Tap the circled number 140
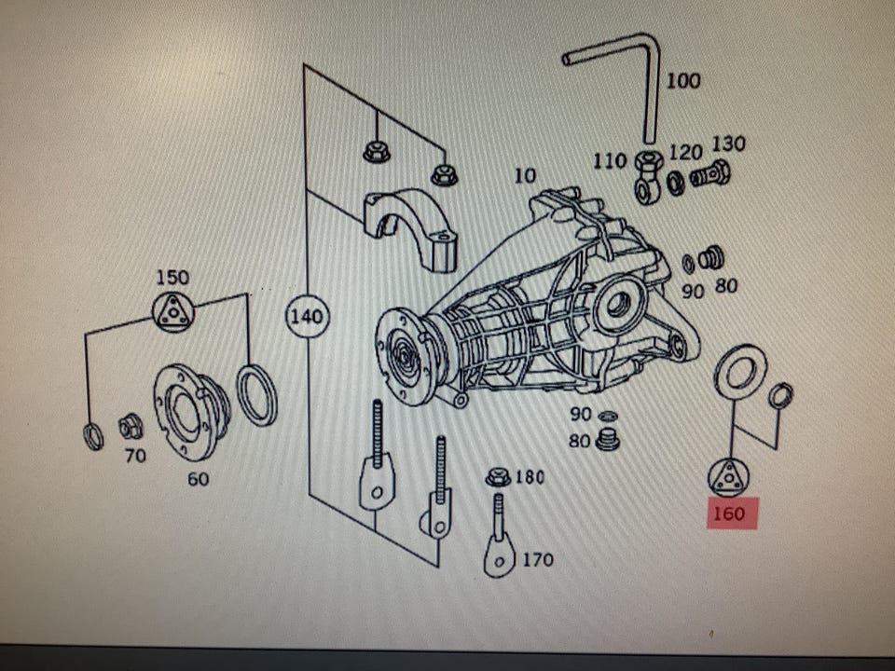[306, 317]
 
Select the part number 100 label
[682, 81]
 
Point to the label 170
[537, 560]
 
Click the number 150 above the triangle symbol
[172, 277]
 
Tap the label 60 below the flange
[198, 480]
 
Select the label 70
[135, 457]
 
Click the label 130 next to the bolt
[728, 144]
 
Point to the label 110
[611, 161]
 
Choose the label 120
[685, 152]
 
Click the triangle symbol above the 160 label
[728, 477]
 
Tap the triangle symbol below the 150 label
[172, 310]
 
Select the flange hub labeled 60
[190, 412]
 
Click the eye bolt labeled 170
[500, 550]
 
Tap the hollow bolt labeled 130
[710, 174]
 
